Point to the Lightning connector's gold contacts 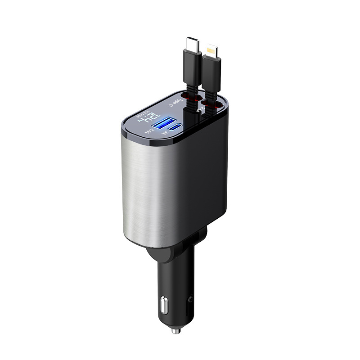tap(210, 48)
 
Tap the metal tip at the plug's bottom tap(175, 331)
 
